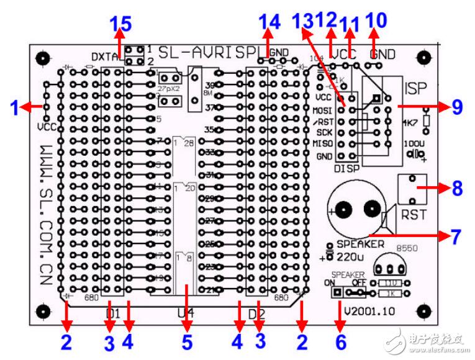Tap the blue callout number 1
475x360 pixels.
[14, 108]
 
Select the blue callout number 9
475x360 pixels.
[456, 107]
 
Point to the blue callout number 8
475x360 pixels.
[457, 188]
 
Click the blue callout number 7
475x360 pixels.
[457, 236]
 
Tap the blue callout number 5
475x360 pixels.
[186, 341]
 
